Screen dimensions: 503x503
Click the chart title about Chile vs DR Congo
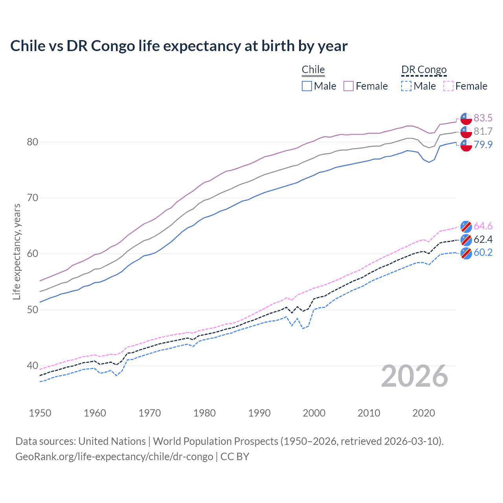click(179, 46)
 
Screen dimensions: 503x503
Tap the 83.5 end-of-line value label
click(483, 118)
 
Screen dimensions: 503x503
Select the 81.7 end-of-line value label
click(483, 131)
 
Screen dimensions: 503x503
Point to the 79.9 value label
click(483, 145)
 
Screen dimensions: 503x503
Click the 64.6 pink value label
click(483, 226)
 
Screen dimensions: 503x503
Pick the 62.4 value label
click(483, 239)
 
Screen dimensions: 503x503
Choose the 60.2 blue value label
click(483, 252)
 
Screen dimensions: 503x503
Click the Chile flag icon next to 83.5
click(466, 118)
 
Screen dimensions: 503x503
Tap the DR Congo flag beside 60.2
click(466, 253)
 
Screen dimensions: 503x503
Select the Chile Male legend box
click(307, 86)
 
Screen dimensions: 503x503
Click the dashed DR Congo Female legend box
click(448, 86)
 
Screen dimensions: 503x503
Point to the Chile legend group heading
click(313, 70)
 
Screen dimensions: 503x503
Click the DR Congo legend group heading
click(424, 70)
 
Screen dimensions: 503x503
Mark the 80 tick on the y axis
click(33, 142)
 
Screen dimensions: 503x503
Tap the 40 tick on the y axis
click(33, 365)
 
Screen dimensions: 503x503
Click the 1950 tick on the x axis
click(40, 413)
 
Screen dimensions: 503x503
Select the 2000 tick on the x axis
click(314, 413)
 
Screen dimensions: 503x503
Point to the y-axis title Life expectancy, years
click(17, 251)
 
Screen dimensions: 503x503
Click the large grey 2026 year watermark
click(415, 376)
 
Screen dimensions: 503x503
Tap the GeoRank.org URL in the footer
click(114, 457)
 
